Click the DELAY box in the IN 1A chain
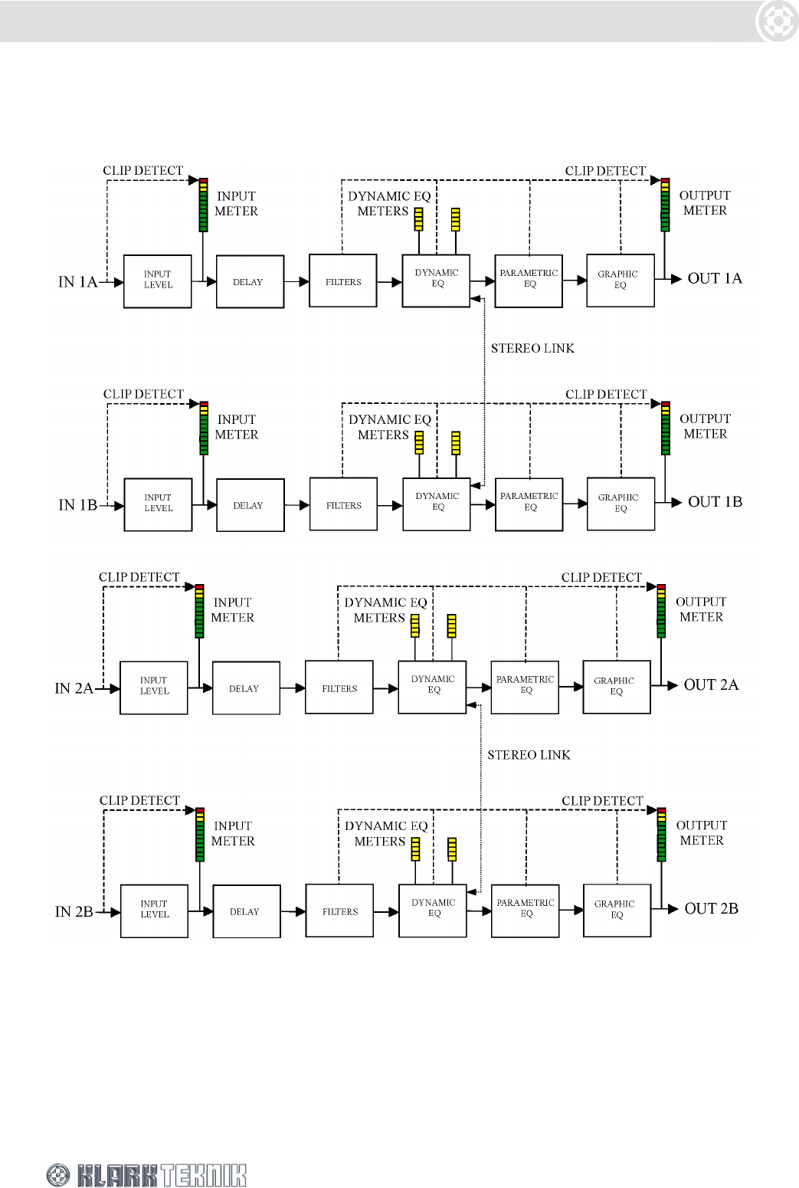(x=250, y=282)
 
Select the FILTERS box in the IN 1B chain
(x=343, y=504)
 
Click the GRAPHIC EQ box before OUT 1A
(x=620, y=281)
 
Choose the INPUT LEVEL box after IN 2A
(x=154, y=688)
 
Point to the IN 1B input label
(x=77, y=505)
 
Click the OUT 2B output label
(x=711, y=909)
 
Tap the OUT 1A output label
(x=714, y=278)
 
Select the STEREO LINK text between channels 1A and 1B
(x=532, y=349)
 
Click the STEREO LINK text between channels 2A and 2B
(x=529, y=755)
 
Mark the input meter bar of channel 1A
(x=203, y=205)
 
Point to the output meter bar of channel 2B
(x=661, y=835)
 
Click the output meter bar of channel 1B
(x=665, y=428)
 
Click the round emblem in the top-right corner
(x=777, y=21)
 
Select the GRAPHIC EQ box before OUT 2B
(x=617, y=910)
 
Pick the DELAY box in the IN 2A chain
(x=246, y=688)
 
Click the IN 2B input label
(x=74, y=912)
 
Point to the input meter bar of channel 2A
(x=199, y=611)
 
